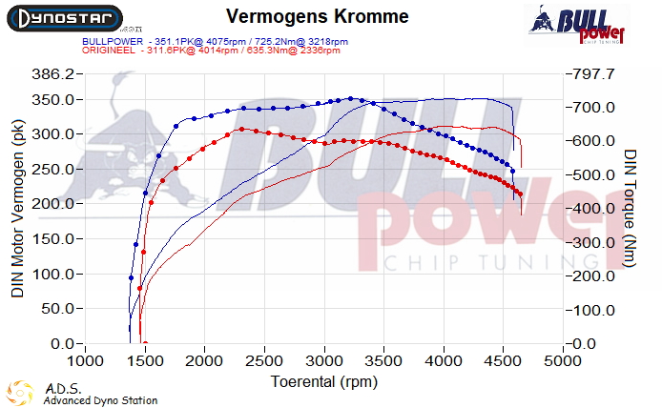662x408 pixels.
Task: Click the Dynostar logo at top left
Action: pos(62,17)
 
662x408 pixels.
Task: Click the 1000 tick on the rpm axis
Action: pos(86,362)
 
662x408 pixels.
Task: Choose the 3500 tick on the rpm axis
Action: pos(384,362)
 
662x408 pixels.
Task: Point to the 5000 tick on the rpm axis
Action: pos(563,362)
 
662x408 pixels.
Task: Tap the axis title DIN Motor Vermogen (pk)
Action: pos(17,209)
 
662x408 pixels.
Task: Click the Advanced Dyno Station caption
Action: pos(100,400)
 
